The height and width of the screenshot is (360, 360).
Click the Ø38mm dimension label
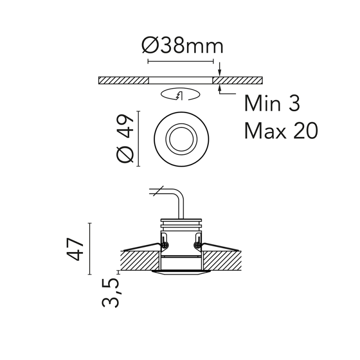182,46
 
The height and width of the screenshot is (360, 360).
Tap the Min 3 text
272,103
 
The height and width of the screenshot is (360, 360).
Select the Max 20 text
281,131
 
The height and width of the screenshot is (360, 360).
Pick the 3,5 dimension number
111,292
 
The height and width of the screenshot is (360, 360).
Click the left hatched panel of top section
123,81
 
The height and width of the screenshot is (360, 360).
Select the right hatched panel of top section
237,81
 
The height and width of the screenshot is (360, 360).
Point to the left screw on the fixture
165,245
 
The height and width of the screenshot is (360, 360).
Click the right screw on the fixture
197,245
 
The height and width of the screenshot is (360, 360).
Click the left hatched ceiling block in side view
139,260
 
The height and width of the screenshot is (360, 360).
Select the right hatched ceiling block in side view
222,260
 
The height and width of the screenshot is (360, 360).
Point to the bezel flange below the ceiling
181,272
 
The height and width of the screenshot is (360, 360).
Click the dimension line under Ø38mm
180,61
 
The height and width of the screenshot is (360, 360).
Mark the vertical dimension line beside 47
90,249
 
